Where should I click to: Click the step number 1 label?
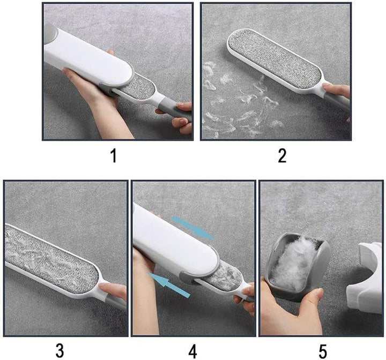click(114, 156)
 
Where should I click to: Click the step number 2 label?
click(282, 156)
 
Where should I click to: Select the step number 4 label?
click(192, 351)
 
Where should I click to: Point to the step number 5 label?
click(323, 351)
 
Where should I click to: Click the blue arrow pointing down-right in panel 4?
click(193, 228)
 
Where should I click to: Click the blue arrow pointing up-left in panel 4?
click(169, 284)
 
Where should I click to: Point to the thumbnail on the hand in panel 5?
click(320, 293)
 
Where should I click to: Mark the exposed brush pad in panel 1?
click(137, 89)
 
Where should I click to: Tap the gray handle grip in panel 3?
click(116, 302)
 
